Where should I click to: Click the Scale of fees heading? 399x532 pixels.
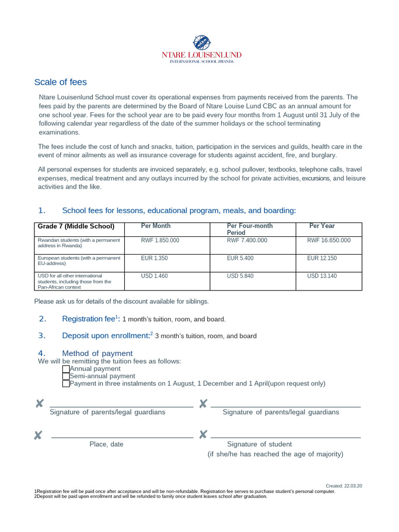click(x=60, y=82)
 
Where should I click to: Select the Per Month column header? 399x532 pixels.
click(x=156, y=226)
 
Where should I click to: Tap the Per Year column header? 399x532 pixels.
click(x=322, y=226)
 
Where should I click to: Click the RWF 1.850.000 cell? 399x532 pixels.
click(x=160, y=241)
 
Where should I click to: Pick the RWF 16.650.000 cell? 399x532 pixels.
click(x=329, y=241)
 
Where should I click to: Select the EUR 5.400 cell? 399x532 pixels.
click(x=240, y=258)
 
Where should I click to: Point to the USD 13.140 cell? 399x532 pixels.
click(x=322, y=276)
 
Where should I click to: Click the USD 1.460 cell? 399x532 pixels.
click(x=154, y=276)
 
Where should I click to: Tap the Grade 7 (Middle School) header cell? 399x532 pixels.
click(x=76, y=227)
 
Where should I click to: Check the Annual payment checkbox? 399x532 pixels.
click(x=65, y=369)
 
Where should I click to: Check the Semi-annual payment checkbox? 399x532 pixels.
click(x=65, y=376)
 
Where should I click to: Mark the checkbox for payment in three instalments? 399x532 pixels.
click(x=65, y=384)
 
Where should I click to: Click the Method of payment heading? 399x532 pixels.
click(x=97, y=353)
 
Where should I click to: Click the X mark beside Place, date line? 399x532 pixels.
click(x=38, y=435)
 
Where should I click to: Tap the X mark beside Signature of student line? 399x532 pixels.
click(x=203, y=434)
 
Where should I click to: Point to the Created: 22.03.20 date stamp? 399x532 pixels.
click(x=343, y=486)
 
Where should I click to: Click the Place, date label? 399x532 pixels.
click(x=107, y=444)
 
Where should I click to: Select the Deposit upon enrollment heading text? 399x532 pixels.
click(x=105, y=336)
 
